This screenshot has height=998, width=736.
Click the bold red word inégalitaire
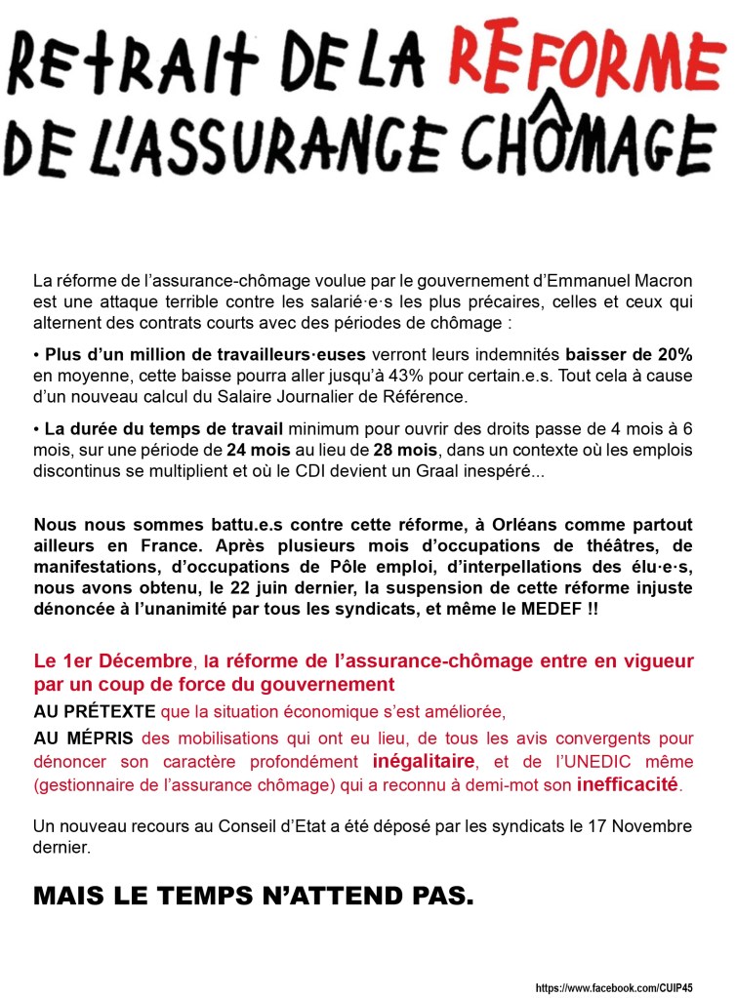[425, 761]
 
